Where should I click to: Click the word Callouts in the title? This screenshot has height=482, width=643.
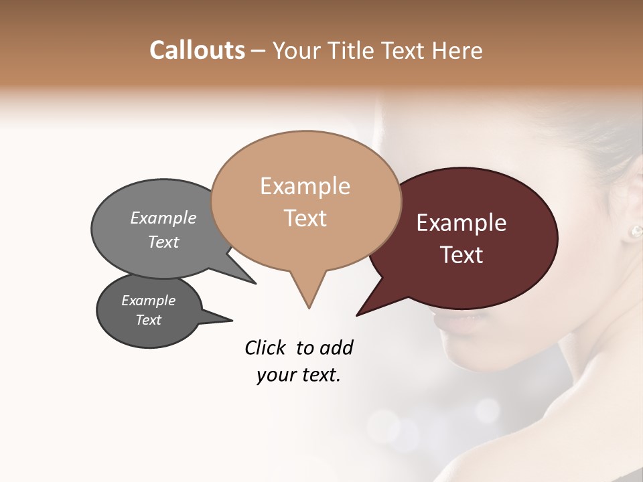click(x=197, y=50)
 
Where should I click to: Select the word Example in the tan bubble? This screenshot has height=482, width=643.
click(x=305, y=186)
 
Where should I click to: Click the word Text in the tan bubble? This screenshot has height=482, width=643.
click(x=305, y=218)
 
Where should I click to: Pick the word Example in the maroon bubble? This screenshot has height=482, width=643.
click(x=461, y=223)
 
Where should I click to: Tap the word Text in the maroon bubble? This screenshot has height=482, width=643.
click(x=461, y=255)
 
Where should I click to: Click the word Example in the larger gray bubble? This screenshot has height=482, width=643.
click(x=163, y=218)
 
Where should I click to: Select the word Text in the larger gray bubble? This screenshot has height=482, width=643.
click(x=163, y=242)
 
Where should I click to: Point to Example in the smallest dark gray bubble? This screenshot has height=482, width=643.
click(x=148, y=301)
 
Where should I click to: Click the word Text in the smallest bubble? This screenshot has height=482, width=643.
click(x=148, y=320)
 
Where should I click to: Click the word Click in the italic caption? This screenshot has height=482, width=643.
click(x=267, y=347)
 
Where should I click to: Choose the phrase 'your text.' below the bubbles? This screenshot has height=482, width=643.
click(x=299, y=375)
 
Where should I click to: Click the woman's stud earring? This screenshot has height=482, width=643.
click(x=634, y=232)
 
